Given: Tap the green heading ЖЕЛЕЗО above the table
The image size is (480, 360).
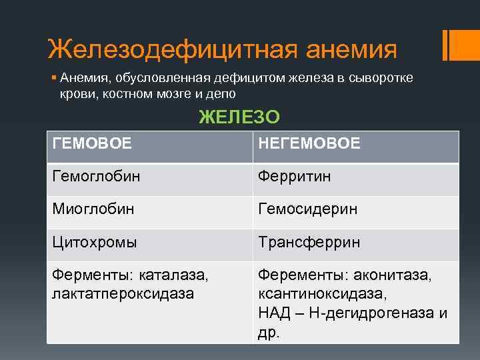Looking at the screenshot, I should point(239,117).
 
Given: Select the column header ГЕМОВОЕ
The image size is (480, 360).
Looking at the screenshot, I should point(91,143).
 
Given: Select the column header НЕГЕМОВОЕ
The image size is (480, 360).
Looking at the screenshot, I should point(309,143).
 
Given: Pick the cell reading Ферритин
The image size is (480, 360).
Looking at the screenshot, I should point(294,177).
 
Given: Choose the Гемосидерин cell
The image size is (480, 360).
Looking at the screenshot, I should point(308,209).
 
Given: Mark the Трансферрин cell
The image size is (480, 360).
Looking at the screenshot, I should point(309,242).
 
